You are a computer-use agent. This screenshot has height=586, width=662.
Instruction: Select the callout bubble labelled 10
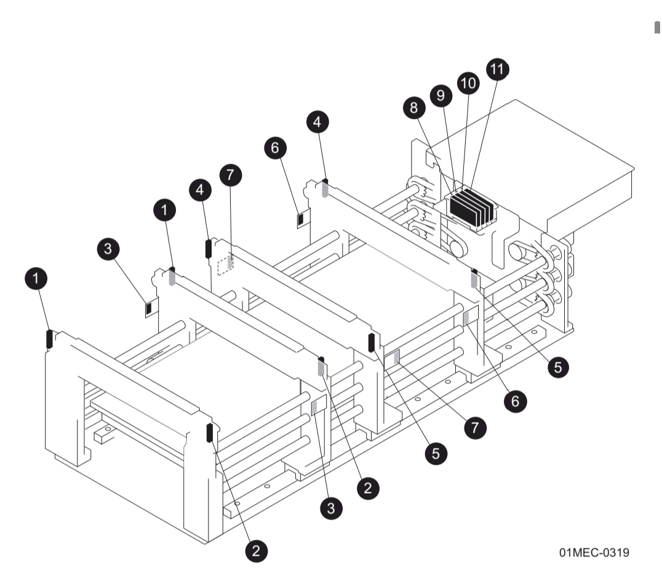(x=468, y=83)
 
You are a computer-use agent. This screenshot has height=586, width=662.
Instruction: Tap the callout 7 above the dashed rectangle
(x=229, y=175)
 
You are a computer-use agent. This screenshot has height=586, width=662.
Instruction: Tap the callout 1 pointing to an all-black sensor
(x=38, y=279)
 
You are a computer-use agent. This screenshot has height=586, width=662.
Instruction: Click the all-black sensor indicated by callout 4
(x=209, y=248)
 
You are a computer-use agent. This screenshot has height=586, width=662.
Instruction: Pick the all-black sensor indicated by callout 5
(x=372, y=342)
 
